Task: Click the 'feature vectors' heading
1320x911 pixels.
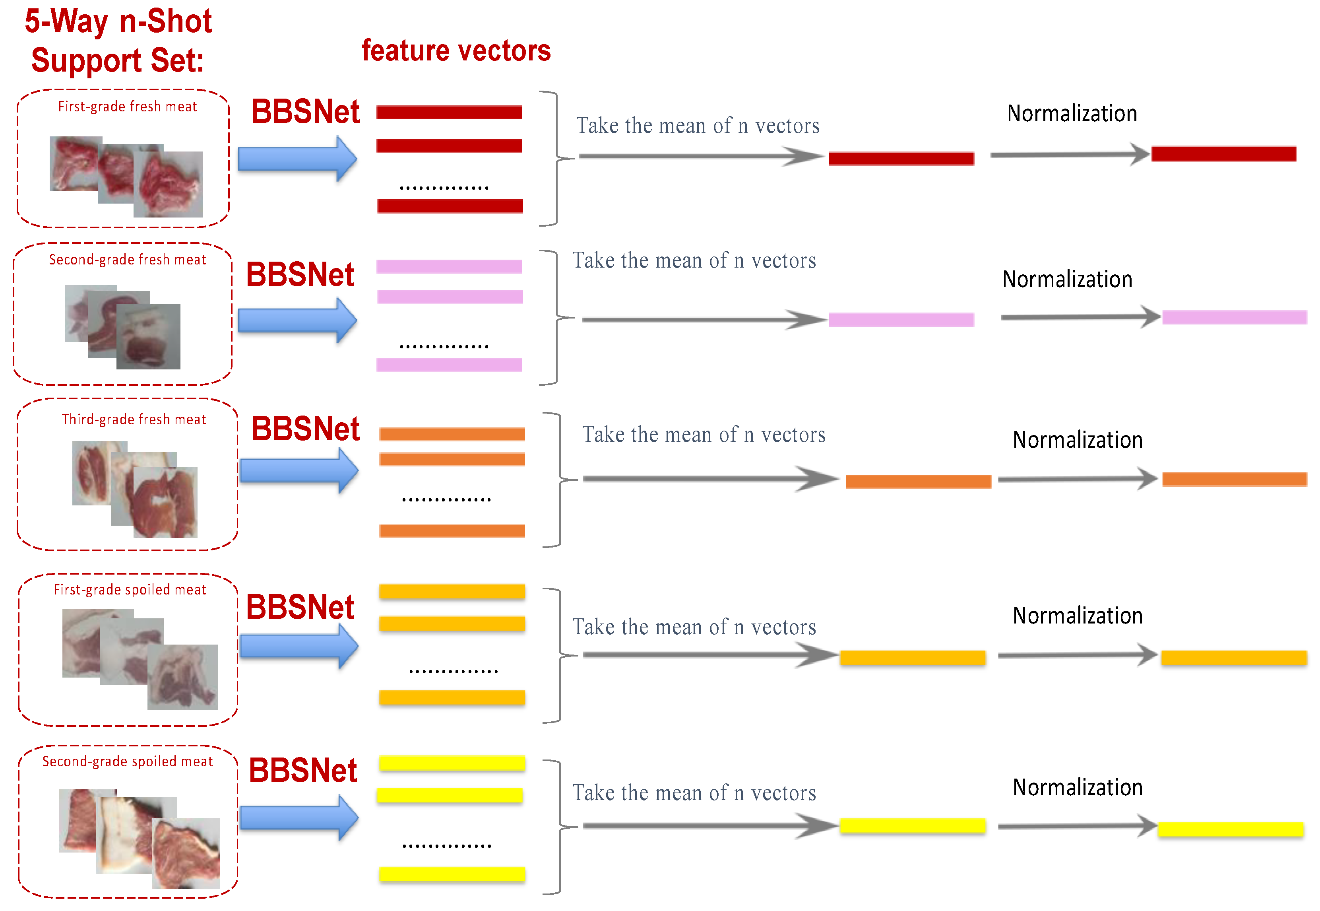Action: tap(456, 51)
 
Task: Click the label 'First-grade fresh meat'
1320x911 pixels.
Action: tap(127, 107)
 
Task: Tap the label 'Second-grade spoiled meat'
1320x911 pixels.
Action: tap(127, 761)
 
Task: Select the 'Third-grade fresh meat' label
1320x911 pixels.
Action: tap(134, 420)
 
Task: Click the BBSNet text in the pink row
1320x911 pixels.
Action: tap(300, 274)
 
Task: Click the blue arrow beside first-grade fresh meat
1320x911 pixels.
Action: tap(297, 159)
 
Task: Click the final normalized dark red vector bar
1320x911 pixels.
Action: tap(1223, 153)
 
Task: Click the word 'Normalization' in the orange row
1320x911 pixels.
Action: tap(1077, 440)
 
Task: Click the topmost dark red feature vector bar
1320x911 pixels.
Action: tap(449, 113)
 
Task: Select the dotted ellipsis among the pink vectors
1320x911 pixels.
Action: tap(444, 346)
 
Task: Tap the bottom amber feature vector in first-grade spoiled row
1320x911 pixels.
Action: tap(452, 697)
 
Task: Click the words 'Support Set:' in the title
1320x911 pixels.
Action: tap(118, 60)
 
